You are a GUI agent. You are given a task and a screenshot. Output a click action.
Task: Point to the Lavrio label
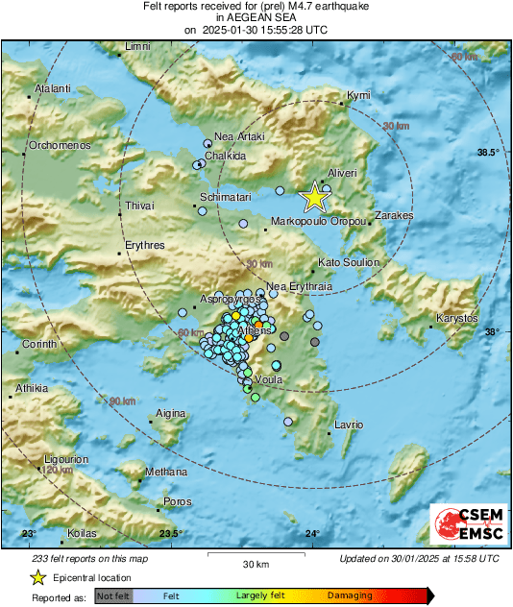[349, 425]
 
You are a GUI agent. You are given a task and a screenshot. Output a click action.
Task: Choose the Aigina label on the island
[170, 413]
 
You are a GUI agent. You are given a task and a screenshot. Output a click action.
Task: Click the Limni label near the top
[138, 46]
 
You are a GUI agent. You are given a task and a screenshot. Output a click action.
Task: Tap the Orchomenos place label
[59, 145]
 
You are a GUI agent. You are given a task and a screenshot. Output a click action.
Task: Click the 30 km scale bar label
[255, 563]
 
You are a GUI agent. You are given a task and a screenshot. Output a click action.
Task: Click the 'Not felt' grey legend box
[114, 596]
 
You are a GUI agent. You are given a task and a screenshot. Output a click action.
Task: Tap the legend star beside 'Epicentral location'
[37, 577]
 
